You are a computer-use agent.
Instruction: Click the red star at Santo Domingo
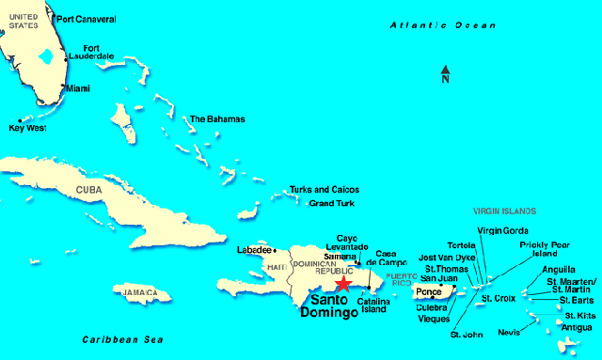point(343,284)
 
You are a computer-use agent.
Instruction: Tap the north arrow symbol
point(446,74)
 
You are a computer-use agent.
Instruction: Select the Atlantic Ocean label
point(436,25)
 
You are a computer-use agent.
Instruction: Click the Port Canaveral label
point(87,19)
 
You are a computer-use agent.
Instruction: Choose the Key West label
point(27,128)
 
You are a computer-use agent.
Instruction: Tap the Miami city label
point(78,88)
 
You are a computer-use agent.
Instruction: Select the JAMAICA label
point(137,293)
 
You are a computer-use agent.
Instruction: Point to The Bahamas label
point(217,119)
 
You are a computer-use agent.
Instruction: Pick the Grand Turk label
point(332,203)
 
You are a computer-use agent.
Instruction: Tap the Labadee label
point(254,250)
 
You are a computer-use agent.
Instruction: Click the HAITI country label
point(276,268)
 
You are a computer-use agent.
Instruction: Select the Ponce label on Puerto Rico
point(428,292)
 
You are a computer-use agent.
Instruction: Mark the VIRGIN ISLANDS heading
point(504,211)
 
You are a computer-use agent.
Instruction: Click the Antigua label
point(577,327)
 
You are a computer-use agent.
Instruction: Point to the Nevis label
point(509,332)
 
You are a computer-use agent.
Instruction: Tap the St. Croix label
point(499,298)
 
